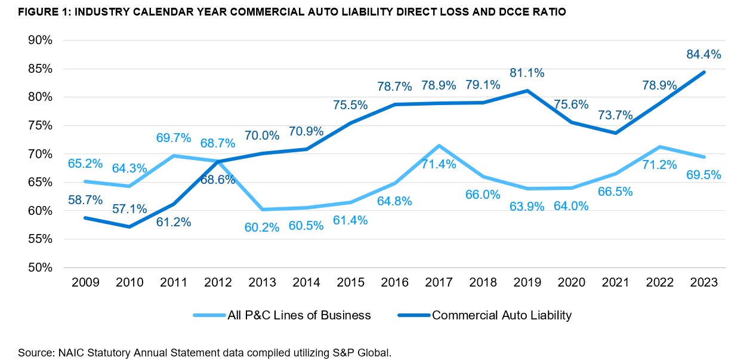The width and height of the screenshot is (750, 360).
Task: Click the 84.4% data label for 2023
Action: coord(704,54)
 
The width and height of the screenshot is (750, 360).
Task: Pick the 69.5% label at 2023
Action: coord(704,175)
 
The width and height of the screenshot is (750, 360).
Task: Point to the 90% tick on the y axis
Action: coord(41,41)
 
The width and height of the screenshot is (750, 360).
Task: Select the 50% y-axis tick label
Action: coord(41,267)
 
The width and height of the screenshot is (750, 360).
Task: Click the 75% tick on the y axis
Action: coord(41,125)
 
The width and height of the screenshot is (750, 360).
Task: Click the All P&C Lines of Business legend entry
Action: coord(298,315)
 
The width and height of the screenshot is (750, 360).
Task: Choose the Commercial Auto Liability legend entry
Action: coord(501,315)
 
